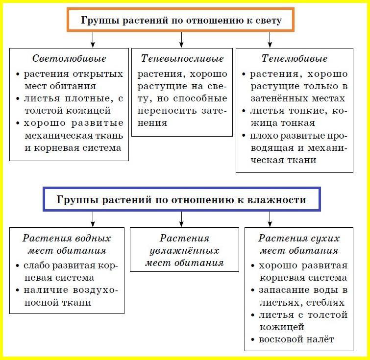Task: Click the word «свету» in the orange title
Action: coord(269,21)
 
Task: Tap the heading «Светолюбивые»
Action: coord(69,58)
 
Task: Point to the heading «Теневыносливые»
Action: coord(182,58)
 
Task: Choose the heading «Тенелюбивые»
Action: coord(295,58)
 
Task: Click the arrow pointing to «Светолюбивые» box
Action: coord(93,40)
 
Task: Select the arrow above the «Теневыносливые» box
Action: coord(181,40)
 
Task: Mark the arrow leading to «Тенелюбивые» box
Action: coord(270,40)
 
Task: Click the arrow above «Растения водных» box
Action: coord(93,219)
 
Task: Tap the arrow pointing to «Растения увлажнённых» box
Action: coord(181,219)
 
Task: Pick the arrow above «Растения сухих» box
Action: coord(270,219)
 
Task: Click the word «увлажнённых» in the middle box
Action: coord(184,251)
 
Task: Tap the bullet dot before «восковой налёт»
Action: coord(253,340)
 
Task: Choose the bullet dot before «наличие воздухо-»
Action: coord(17,290)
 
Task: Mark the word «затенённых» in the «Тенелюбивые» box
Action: coord(279,98)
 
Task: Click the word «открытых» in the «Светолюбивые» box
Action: coord(98,74)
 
